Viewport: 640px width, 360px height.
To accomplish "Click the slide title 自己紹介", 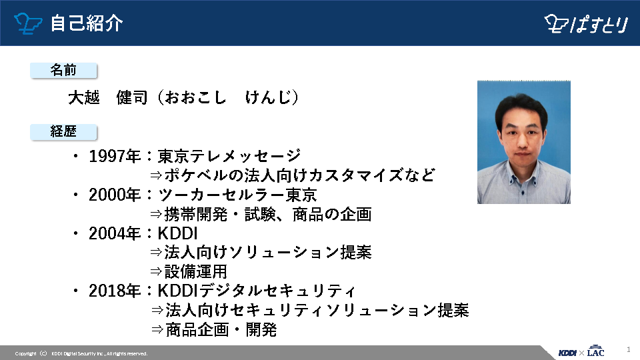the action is click(x=87, y=23).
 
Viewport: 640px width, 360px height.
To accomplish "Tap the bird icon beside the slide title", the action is click(x=28, y=23).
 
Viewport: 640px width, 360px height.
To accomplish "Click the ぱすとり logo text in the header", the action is click(x=599, y=24).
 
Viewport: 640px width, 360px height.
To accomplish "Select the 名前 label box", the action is click(x=63, y=70).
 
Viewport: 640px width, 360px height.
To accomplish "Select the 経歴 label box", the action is click(x=63, y=131).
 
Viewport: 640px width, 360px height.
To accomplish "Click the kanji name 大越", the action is click(x=84, y=97).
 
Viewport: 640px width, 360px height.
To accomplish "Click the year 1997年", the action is click(x=115, y=156).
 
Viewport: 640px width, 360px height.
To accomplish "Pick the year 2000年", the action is click(x=115, y=195).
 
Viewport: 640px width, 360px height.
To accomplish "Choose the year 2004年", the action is click(x=115, y=233).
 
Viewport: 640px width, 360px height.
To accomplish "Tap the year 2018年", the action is click(x=115, y=291).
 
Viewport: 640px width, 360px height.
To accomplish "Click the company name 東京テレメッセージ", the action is click(x=229, y=156).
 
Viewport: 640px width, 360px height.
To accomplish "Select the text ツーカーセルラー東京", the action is click(x=237, y=195).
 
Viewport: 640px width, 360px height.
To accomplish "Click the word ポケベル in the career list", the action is click(x=195, y=175).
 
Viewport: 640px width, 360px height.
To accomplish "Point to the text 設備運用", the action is click(x=195, y=271).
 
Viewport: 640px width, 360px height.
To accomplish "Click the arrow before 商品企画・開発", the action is click(x=157, y=330).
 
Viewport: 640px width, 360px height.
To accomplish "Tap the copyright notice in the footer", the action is click(x=81, y=353).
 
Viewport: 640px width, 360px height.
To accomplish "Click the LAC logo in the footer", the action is click(x=595, y=351).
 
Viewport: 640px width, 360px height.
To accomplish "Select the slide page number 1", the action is click(x=629, y=349).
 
